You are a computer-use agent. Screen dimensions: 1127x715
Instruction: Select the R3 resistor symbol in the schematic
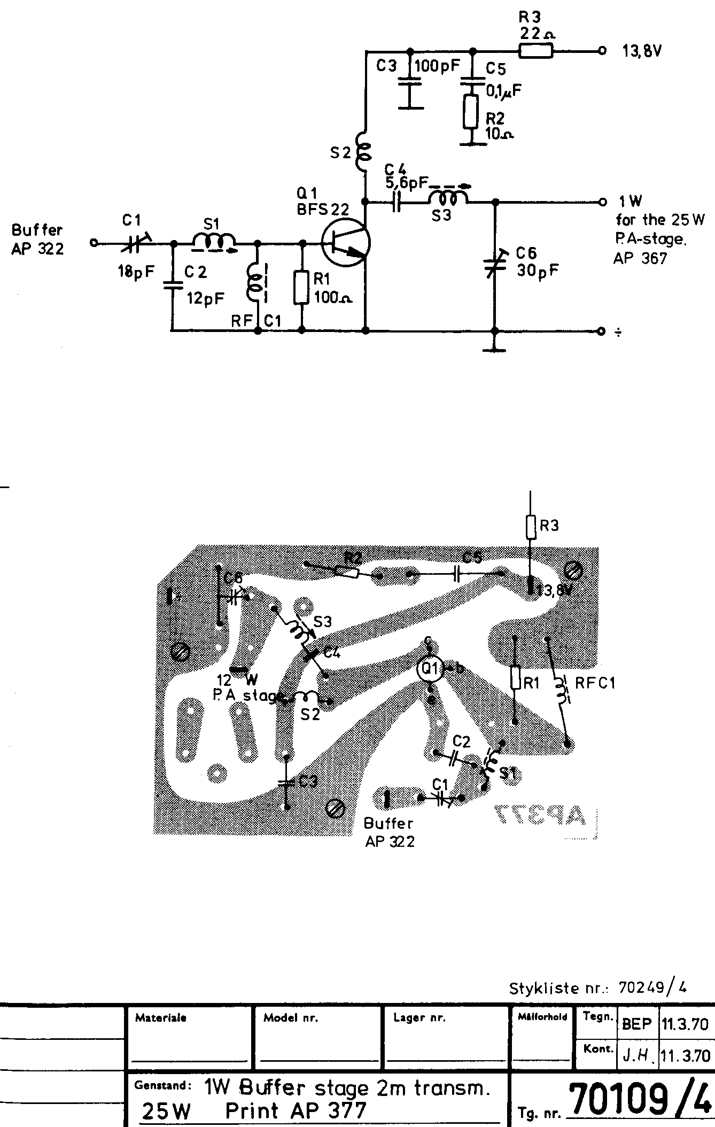(535, 51)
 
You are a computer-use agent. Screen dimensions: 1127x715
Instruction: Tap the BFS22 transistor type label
(323, 210)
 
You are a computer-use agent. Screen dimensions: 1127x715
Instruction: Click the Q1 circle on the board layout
(431, 668)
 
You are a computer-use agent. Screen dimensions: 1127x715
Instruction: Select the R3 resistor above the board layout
(531, 527)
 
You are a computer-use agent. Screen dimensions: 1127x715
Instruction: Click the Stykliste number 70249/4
(652, 987)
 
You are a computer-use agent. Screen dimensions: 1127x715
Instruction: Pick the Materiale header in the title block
(161, 1018)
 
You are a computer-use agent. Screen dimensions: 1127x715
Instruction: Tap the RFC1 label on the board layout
(595, 683)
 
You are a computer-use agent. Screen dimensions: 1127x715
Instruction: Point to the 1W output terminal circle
(602, 202)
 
